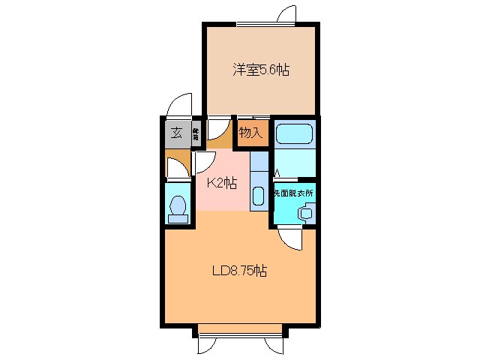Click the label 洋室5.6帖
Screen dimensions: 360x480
click(260, 71)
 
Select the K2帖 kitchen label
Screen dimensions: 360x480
click(222, 182)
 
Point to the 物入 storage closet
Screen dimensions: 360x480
click(251, 133)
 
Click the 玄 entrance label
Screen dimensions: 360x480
click(176, 133)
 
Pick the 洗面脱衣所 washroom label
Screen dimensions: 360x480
click(293, 193)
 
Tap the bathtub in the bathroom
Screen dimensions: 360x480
click(293, 134)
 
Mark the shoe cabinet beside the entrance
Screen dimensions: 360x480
click(195, 134)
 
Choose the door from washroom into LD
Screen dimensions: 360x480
click(290, 238)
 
